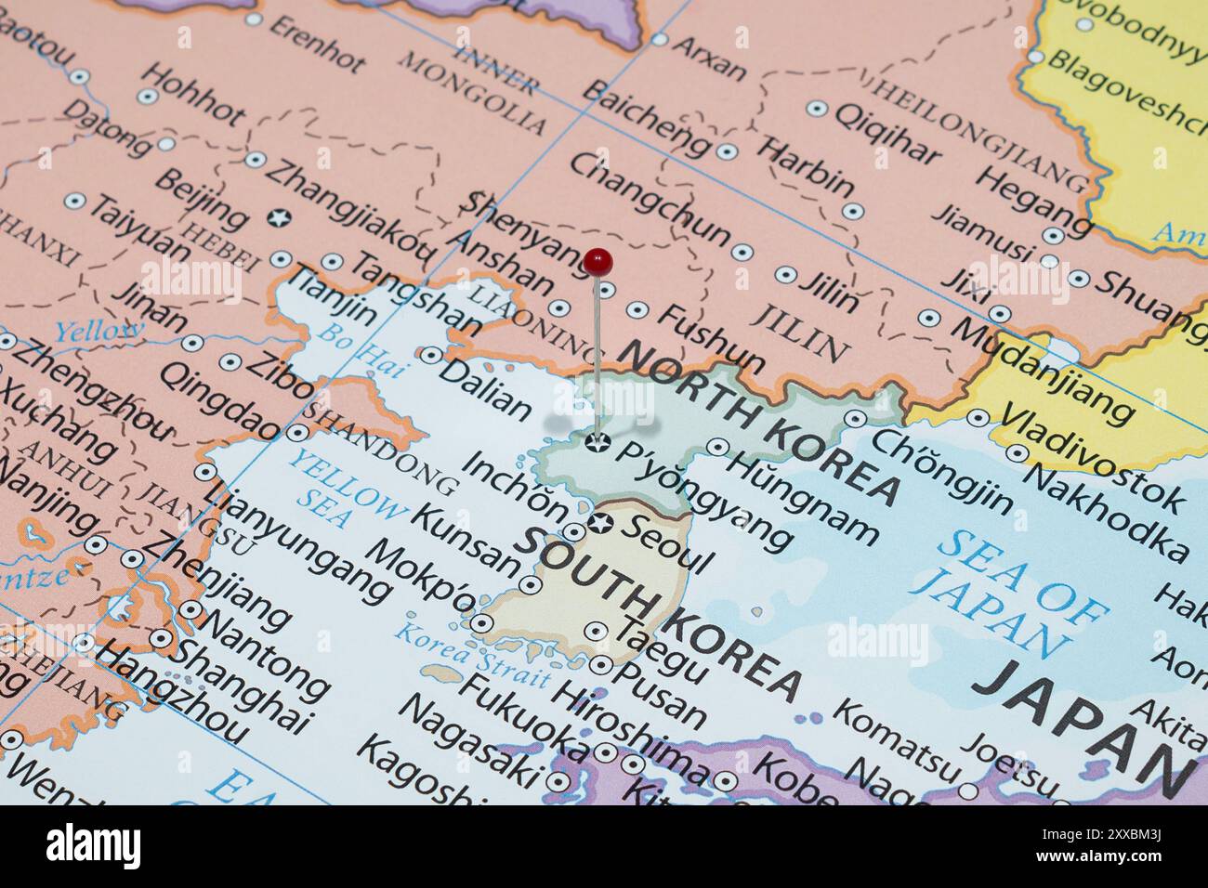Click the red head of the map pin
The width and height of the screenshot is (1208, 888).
pos(599,261)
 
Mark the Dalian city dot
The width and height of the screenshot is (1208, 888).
pos(431,355)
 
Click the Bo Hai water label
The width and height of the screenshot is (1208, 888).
pos(361,349)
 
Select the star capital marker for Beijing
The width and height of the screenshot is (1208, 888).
pos(276,218)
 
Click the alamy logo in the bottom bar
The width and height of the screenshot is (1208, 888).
pos(94,846)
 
